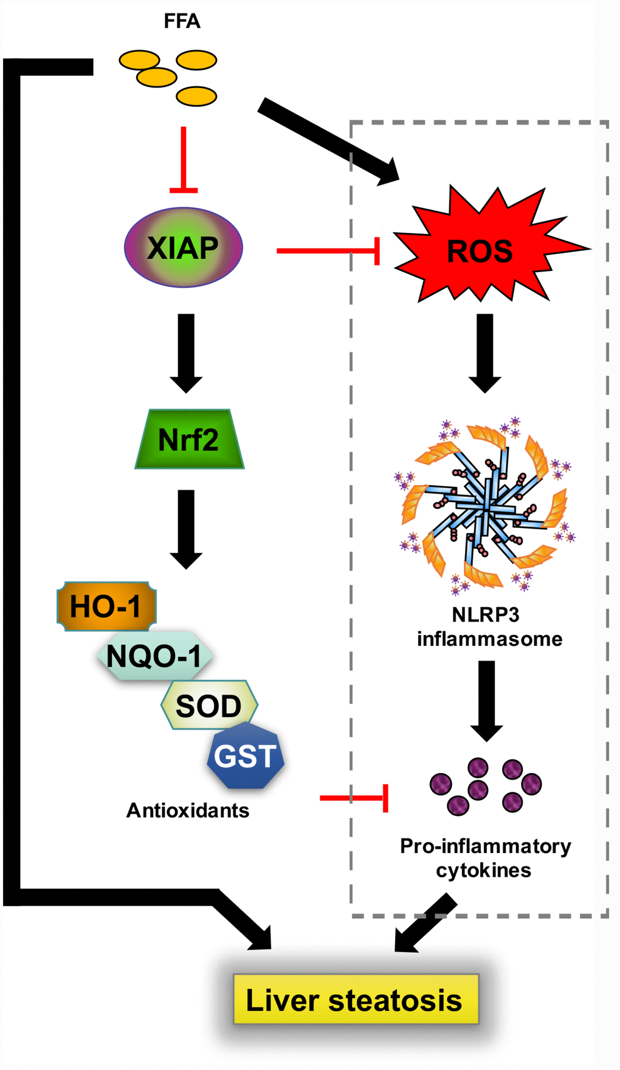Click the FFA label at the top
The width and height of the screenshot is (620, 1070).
[182, 22]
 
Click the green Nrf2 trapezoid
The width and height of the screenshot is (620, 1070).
[188, 439]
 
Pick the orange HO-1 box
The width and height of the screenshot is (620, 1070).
[106, 606]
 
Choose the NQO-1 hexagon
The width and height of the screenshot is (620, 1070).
[154, 656]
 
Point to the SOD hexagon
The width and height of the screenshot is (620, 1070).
[208, 705]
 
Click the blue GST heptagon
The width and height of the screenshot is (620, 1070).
[245, 756]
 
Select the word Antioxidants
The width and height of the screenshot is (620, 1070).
[187, 811]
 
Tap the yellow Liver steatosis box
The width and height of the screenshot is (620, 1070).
[356, 1000]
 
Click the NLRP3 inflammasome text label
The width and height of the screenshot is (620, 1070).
[489, 627]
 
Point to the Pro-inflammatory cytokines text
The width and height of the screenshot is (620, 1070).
[484, 858]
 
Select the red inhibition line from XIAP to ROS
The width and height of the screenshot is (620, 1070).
[328, 250]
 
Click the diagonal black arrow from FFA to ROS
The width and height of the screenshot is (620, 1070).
[328, 142]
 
